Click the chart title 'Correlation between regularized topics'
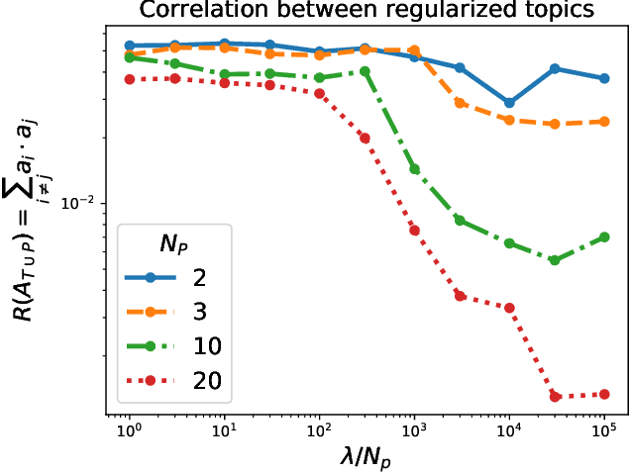367,11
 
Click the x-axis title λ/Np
367,456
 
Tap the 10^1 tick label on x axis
224,433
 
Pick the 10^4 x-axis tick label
509,433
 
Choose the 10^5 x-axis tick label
604,433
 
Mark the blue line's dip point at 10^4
509,103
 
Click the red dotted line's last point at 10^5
604,394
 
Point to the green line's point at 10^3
414,169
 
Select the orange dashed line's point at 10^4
509,120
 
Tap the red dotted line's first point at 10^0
129,79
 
